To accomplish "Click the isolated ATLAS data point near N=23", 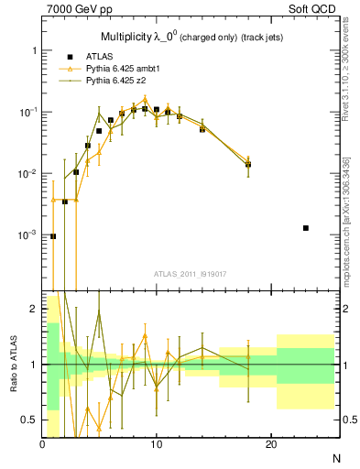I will [305, 227].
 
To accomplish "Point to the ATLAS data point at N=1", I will [53, 235].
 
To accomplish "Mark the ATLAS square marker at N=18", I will [248, 165].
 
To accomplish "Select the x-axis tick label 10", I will [156, 444].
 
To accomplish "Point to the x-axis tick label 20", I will [270, 444].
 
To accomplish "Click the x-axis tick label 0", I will [42, 444].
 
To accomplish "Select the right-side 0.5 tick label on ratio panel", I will [350, 420].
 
